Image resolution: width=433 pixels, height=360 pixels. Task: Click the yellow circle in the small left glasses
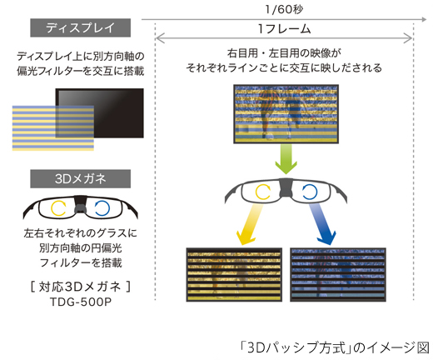pyautogui.click(x=57, y=205)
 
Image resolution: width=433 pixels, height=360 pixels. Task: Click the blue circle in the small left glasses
pyautogui.click(x=102, y=205)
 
